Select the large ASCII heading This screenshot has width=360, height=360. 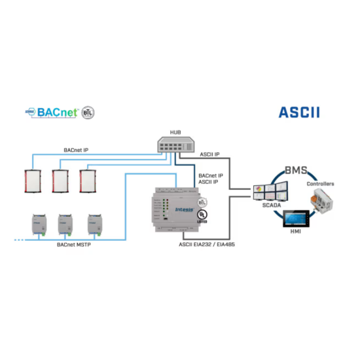(x=299, y=111)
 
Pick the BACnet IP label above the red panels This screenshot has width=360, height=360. (x=76, y=150)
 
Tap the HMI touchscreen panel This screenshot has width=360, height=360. (x=297, y=220)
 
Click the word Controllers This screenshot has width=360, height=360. (x=320, y=184)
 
